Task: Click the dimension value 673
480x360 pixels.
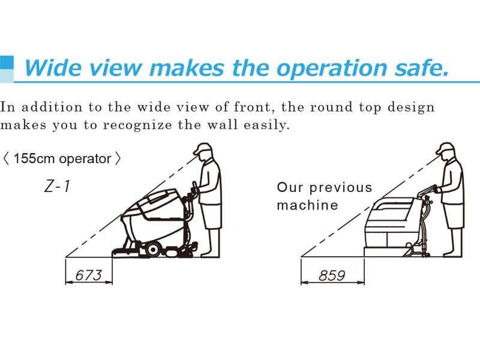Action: coord(88,275)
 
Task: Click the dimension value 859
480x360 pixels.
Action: coord(332,275)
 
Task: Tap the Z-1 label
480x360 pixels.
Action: coord(57,186)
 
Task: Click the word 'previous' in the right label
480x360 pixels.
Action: coord(340,188)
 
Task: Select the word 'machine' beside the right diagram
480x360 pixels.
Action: coord(307,205)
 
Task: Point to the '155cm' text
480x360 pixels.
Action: coord(35,158)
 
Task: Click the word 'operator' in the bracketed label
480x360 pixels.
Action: coord(85,159)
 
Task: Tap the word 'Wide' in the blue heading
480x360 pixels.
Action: coord(53,67)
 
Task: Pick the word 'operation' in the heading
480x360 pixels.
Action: coord(332,68)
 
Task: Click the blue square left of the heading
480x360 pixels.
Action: coord(7,62)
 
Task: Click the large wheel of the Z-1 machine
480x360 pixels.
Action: coord(152,250)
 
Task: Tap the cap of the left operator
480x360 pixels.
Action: coord(202,148)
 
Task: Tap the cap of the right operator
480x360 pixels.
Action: coord(445,148)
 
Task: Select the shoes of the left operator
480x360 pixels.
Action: coord(210,254)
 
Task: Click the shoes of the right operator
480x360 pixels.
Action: coord(452,254)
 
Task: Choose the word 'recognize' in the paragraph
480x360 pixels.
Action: coord(137,125)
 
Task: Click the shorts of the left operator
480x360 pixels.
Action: coord(211,216)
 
